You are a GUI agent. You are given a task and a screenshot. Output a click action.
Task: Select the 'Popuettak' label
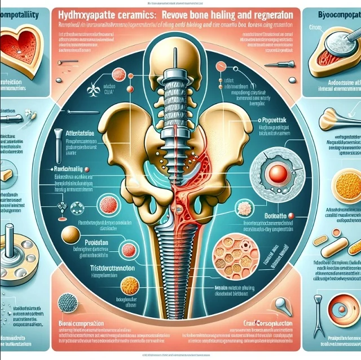[x=273, y=121]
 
